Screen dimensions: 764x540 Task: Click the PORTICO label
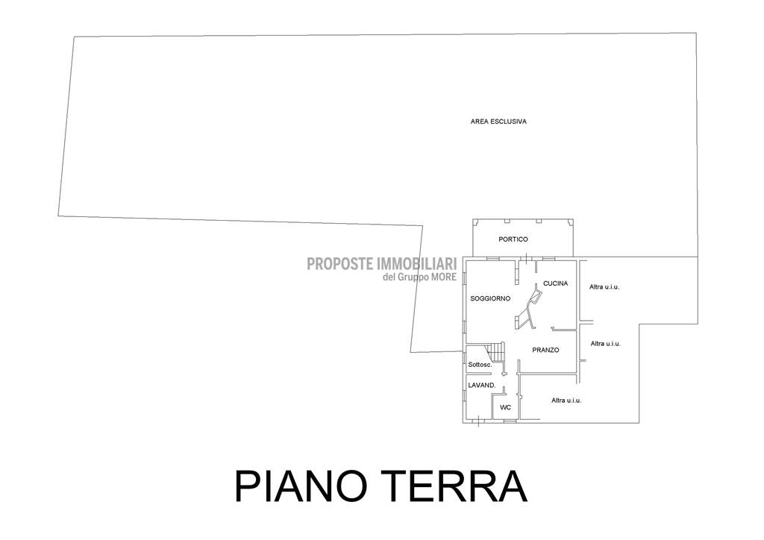point(513,239)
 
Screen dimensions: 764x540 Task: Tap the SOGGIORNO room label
point(490,298)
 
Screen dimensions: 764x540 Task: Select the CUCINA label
point(555,283)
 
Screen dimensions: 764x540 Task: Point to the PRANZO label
point(545,350)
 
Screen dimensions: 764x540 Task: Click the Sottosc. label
point(480,364)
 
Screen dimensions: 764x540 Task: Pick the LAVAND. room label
point(482,385)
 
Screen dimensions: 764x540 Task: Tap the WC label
point(505,407)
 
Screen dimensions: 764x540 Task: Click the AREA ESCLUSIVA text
point(498,122)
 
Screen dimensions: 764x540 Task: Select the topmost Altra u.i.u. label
point(604,287)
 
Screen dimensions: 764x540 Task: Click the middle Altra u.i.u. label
point(606,343)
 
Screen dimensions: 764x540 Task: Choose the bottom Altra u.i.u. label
point(566,401)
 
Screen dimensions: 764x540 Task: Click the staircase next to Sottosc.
point(497,351)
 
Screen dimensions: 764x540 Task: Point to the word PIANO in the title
point(306,486)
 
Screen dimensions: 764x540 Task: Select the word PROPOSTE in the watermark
point(340,264)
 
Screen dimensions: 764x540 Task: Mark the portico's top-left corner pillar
point(475,222)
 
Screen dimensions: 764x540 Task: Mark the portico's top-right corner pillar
point(570,222)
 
